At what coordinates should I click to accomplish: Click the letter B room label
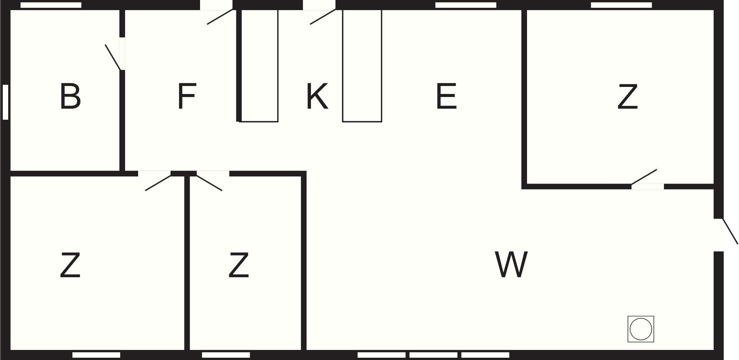click(x=70, y=96)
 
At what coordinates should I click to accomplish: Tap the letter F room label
click(x=187, y=96)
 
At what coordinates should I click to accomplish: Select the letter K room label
click(x=317, y=96)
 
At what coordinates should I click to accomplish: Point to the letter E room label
click(x=446, y=96)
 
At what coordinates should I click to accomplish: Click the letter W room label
click(x=511, y=264)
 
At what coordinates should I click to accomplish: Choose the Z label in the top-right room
click(x=627, y=96)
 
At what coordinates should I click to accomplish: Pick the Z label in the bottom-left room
click(x=70, y=265)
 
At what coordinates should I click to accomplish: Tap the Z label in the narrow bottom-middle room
click(x=238, y=265)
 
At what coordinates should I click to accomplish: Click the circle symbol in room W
click(x=641, y=329)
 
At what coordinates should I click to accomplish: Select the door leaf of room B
click(x=113, y=57)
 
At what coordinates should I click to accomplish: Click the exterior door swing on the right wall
click(x=730, y=231)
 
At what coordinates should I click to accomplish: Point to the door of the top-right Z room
click(x=644, y=177)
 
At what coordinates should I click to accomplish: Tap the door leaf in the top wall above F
click(x=220, y=17)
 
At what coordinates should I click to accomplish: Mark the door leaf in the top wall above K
click(x=323, y=17)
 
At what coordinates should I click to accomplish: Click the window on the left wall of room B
click(x=6, y=102)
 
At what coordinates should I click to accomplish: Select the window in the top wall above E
click(x=466, y=5)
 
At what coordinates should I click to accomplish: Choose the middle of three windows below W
click(x=434, y=355)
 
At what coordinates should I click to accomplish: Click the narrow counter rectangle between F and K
click(x=259, y=66)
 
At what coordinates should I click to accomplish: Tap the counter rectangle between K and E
click(x=362, y=66)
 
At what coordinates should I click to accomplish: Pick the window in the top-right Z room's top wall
click(x=621, y=5)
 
